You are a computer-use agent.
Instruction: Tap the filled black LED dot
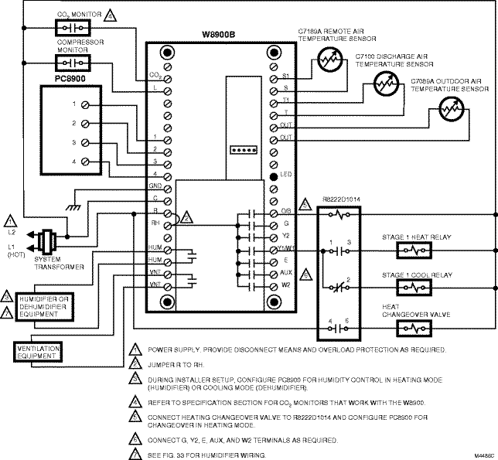[273, 177]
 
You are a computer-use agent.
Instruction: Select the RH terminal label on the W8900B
[155, 224]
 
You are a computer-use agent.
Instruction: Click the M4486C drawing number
[484, 454]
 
